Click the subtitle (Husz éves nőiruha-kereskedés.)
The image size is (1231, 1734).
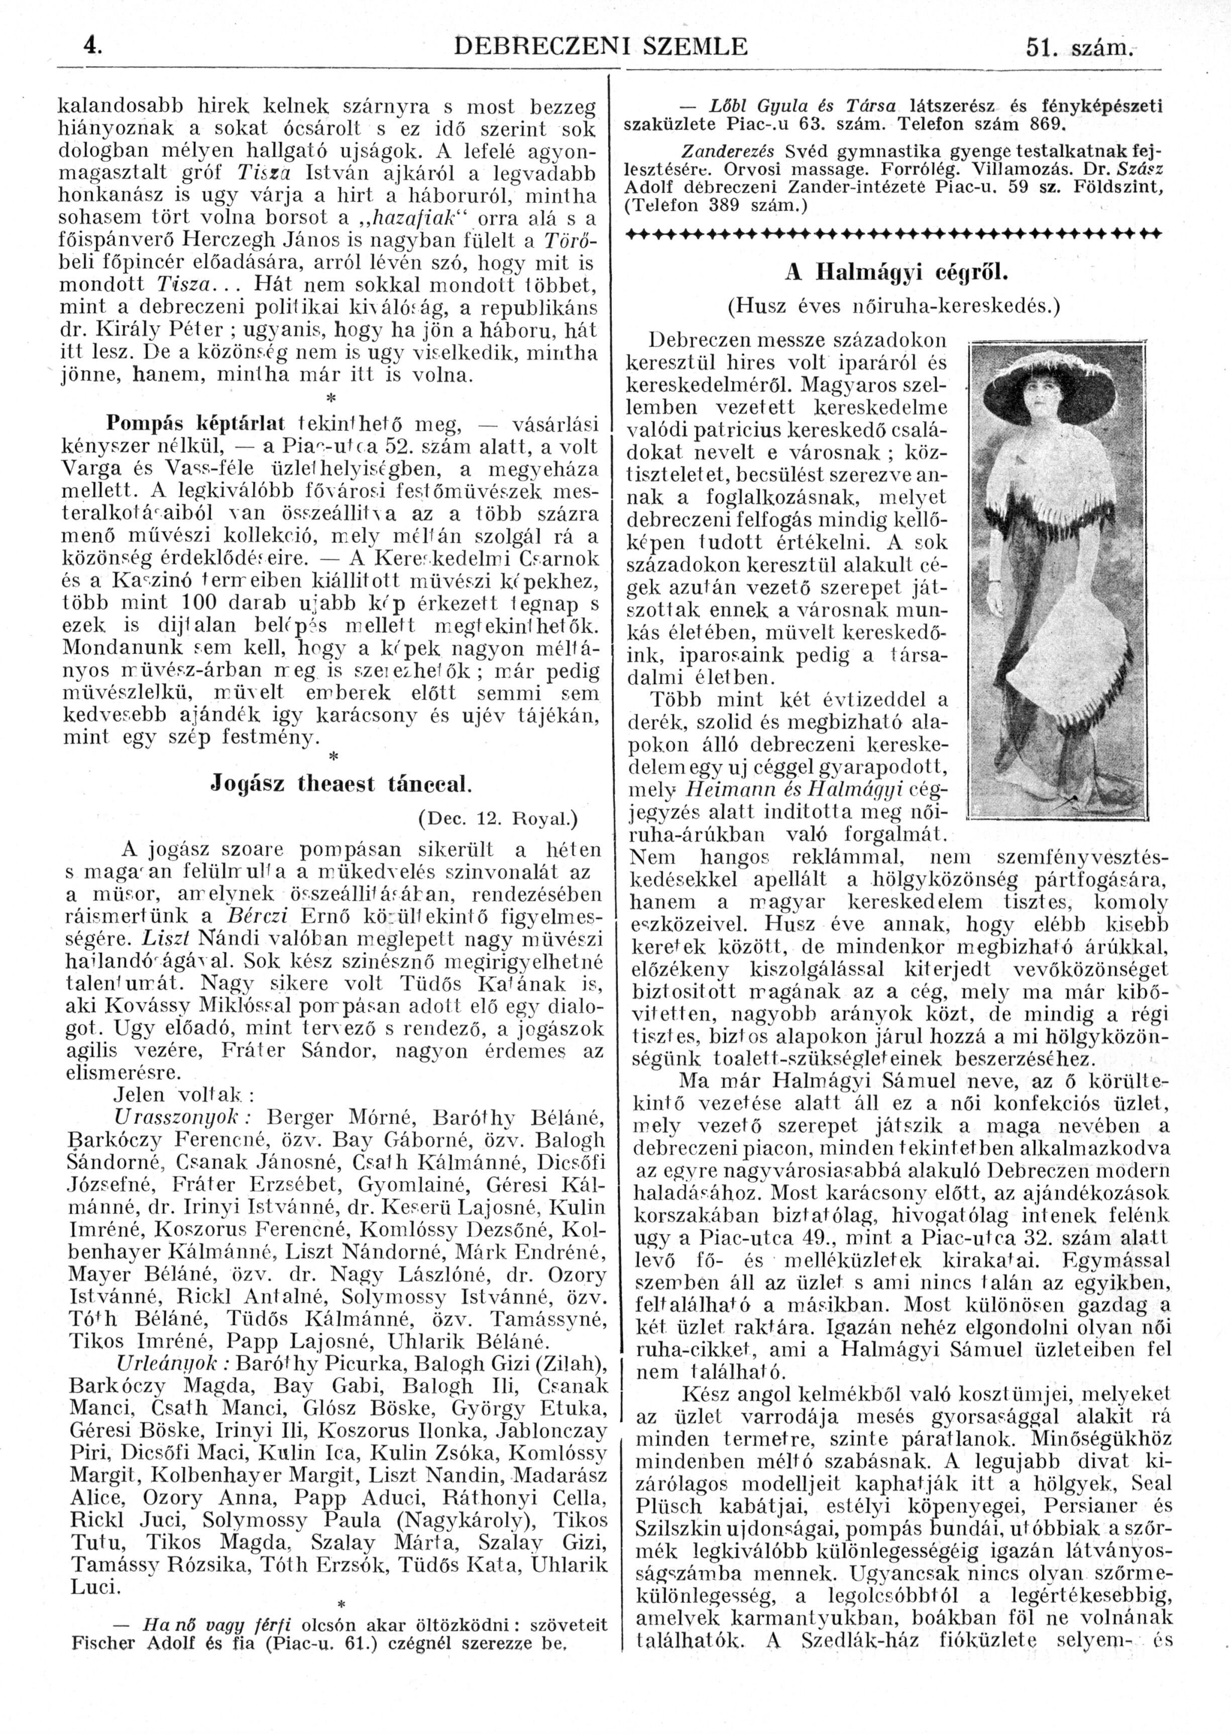(x=895, y=306)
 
